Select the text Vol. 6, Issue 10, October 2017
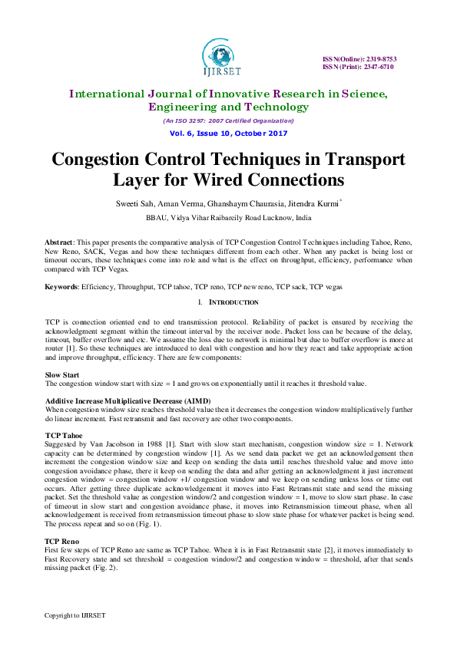[228, 133]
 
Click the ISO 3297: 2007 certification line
[228, 120]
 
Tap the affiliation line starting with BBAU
[228, 218]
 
